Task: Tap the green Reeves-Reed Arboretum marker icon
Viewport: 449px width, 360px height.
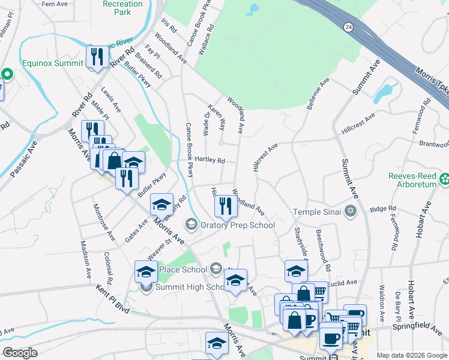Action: tap(444, 178)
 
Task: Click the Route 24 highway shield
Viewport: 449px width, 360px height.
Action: tap(348, 27)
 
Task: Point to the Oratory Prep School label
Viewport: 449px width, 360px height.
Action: tap(238, 225)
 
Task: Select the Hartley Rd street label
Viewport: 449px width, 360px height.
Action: tap(209, 161)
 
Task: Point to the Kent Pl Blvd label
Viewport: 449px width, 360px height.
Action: tap(113, 298)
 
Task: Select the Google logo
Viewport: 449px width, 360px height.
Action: tap(20, 352)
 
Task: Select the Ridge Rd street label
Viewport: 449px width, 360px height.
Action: tap(384, 209)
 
